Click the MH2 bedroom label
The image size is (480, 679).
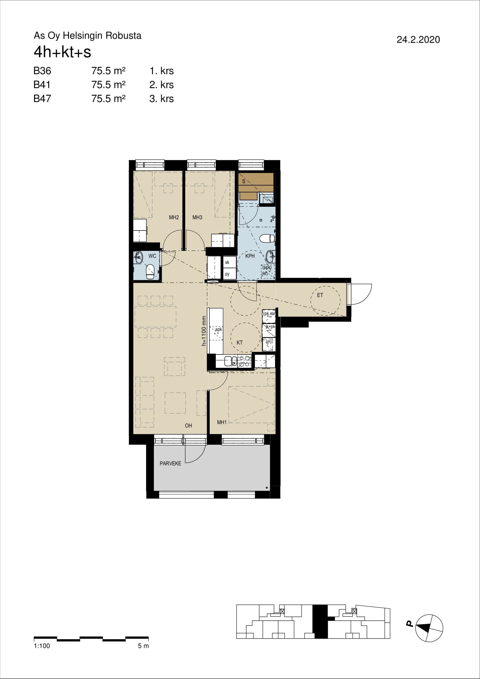tap(174, 217)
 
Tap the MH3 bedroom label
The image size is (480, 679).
tap(197, 217)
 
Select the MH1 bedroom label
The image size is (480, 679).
tap(222, 422)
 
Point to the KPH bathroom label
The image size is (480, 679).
tap(250, 256)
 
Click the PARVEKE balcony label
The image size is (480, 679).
tap(170, 463)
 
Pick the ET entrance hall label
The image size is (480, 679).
tap(320, 295)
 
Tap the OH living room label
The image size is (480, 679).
tap(188, 426)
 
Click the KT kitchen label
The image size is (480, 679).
tap(240, 343)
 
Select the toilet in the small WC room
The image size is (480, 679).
tap(150, 271)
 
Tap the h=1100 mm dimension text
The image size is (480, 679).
tap(204, 331)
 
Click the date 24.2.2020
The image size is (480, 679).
tap(418, 40)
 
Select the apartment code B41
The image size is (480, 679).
tap(42, 85)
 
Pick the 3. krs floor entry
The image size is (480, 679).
tap(161, 99)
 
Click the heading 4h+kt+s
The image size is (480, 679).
tap(62, 52)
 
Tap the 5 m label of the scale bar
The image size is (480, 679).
tap(143, 646)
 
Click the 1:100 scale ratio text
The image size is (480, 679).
tap(42, 646)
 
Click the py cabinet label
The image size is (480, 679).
tap(227, 274)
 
